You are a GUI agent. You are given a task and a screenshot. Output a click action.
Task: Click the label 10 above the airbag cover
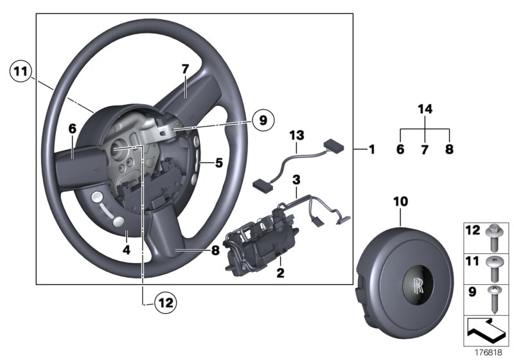(400, 202)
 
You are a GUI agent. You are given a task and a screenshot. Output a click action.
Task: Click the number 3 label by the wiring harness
(296, 177)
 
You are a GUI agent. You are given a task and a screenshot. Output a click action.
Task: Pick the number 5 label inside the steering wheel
(218, 163)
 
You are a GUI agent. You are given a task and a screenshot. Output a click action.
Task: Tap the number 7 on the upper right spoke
(184, 68)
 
